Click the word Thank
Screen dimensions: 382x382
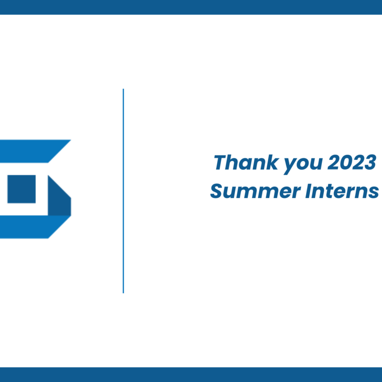coord(246,162)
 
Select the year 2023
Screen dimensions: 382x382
coord(352,162)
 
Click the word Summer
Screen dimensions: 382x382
coord(255,191)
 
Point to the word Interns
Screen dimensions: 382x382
coord(342,191)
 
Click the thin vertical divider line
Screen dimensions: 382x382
coord(123,191)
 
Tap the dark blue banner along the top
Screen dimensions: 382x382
coord(191,7)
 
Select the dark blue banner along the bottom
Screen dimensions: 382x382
coord(191,374)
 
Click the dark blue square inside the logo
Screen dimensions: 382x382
coord(21,189)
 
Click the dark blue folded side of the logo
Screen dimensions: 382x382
coord(59,197)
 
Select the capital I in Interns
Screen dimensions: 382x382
coord(309,191)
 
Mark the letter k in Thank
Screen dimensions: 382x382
coord(272,162)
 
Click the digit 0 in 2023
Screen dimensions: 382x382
coord(346,162)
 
